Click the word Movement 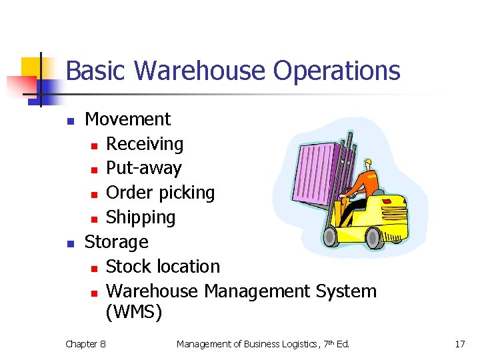127,119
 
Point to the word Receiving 145,144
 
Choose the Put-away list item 143,168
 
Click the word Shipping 141,217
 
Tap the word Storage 116,241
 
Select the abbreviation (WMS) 133,312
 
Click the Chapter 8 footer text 85,344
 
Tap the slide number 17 459,344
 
